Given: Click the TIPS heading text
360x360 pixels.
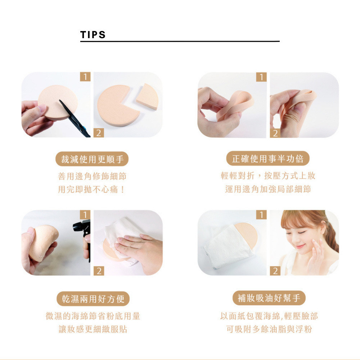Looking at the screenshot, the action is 93,35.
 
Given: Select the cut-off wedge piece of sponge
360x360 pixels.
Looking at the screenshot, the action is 147,97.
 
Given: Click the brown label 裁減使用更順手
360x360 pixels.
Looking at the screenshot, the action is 92,159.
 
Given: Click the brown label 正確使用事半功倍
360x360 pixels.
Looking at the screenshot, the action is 268,158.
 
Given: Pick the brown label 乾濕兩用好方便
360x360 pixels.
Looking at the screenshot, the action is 93,299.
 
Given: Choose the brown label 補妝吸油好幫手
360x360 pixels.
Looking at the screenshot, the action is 269,298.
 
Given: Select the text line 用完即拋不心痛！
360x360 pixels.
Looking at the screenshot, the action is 91,189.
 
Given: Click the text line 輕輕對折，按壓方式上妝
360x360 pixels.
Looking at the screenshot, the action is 268,176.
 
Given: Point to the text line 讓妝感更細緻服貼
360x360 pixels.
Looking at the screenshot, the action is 93,329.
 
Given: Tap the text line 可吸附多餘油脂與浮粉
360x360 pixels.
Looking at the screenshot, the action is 269,329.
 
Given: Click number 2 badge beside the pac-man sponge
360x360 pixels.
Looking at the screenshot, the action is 99,133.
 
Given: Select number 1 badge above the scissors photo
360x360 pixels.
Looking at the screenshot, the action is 85,77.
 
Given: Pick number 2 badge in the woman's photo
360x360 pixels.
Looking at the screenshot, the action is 275,271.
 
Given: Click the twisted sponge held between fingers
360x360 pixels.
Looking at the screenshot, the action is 237,104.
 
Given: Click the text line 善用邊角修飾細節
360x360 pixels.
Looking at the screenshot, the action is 92,176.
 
